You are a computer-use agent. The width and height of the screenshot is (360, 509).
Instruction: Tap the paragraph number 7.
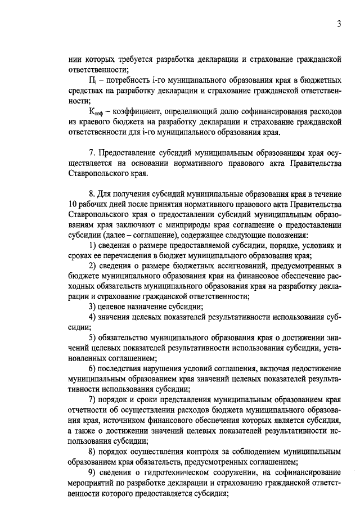(x=92, y=154)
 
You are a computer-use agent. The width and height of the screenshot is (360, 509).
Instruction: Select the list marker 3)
(x=93, y=307)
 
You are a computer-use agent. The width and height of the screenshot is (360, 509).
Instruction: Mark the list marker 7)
(x=93, y=399)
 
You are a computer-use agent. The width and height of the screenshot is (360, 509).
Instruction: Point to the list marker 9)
(x=93, y=472)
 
